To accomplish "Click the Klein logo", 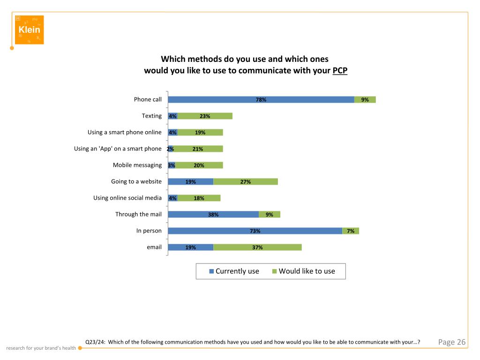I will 29,30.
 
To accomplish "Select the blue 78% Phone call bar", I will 261,99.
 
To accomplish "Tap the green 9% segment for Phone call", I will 365,99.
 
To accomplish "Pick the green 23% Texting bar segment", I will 205,116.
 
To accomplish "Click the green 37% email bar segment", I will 257,247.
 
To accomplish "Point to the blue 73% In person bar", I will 255,231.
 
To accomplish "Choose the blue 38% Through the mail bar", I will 213,214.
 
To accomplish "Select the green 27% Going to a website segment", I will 246,181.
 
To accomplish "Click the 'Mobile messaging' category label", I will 137,165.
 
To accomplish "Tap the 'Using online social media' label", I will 127,198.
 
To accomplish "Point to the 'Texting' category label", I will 152,116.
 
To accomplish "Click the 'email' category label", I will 154,247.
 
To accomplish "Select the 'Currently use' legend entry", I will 234,271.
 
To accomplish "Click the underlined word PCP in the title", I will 340,71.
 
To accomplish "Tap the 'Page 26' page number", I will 452,342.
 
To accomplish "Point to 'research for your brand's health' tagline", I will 41,348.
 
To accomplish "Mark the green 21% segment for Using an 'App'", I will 198,149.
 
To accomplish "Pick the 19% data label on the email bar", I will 190,247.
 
